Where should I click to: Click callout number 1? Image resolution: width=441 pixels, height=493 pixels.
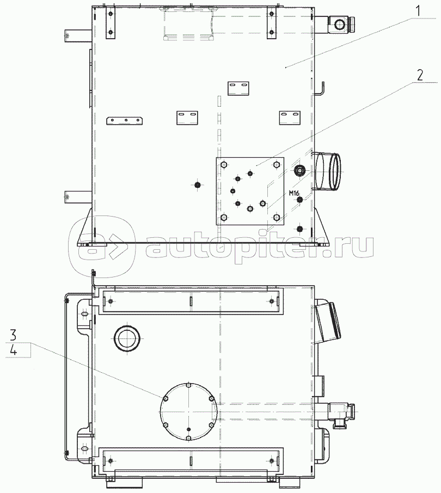click(x=418, y=11)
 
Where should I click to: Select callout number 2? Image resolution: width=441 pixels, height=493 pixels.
click(x=420, y=75)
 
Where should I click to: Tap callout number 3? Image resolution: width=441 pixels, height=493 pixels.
click(x=13, y=335)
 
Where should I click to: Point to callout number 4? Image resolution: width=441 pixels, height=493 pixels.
click(x=13, y=350)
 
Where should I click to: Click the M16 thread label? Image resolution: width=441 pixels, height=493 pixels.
click(x=294, y=193)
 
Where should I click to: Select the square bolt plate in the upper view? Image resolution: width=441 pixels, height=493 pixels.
click(x=250, y=191)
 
